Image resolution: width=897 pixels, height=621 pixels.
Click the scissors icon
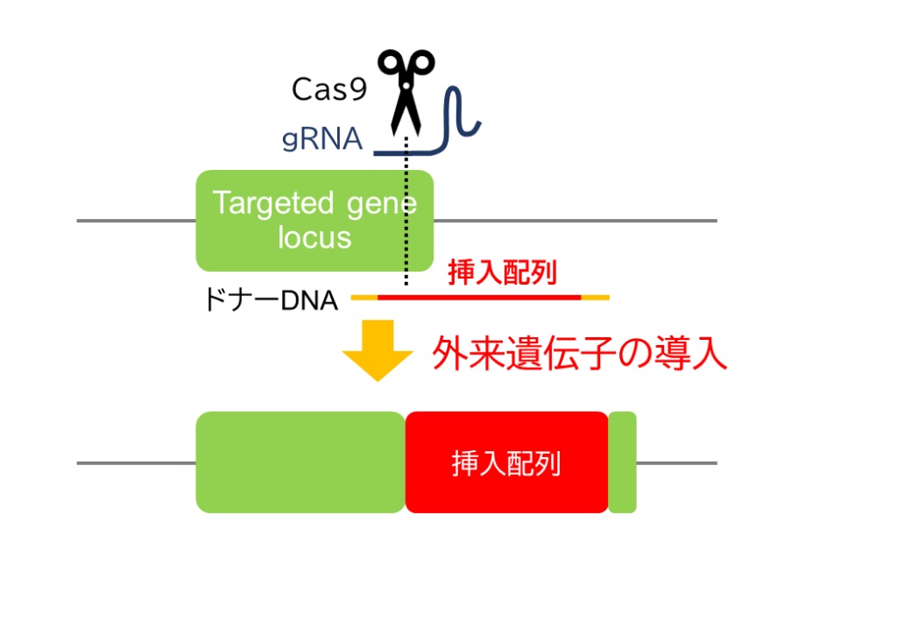pos(406,88)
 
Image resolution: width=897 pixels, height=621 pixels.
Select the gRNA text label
pos(322,139)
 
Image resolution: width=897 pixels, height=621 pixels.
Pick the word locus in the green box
pos(314,237)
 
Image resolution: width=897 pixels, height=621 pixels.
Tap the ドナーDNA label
pos(271,300)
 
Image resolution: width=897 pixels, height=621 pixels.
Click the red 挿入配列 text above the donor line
pos(502,273)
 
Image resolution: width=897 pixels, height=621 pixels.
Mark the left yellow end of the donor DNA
pos(364,298)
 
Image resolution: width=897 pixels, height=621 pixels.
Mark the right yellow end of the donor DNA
pos(595,298)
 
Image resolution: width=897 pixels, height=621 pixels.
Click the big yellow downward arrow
pos(378,349)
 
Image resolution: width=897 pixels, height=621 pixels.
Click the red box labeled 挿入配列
pos(506,462)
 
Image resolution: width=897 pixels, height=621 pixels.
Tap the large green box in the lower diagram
pos(300,462)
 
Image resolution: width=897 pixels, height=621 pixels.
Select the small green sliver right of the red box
pos(622,462)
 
